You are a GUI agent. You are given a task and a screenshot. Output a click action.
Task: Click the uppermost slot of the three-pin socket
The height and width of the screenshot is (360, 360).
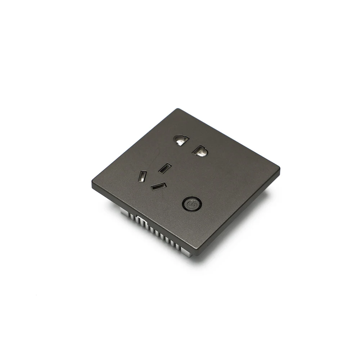click(165, 168)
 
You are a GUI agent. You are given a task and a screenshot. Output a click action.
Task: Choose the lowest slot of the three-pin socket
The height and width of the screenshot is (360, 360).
click(158, 187)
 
